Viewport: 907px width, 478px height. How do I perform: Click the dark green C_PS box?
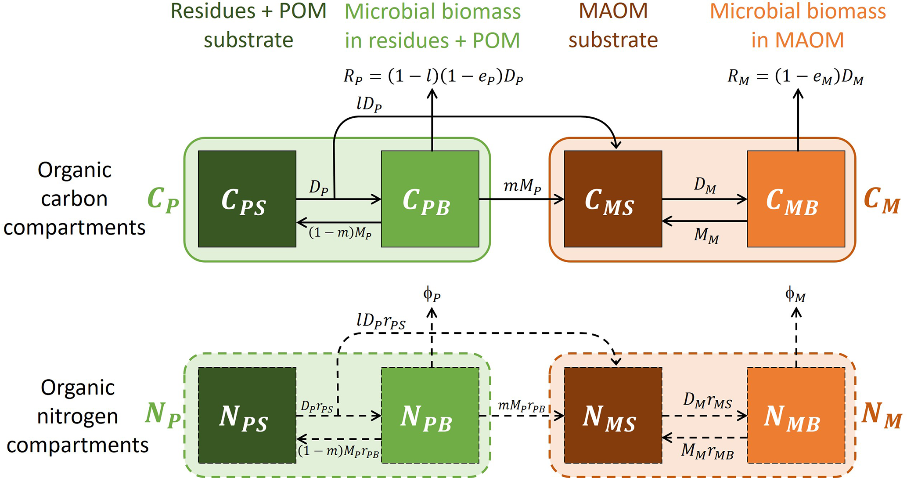(x=247, y=199)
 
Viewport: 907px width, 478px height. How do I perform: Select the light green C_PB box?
(x=430, y=199)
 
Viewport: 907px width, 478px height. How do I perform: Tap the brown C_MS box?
(x=613, y=199)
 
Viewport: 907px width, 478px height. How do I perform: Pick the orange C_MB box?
(x=796, y=199)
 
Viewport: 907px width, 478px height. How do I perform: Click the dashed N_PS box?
(x=247, y=415)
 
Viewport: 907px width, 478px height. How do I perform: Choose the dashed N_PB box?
(x=430, y=415)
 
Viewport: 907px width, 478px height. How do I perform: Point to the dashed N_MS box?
(x=613, y=415)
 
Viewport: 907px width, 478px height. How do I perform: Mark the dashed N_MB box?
(x=796, y=415)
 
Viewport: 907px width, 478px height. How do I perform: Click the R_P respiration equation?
(x=433, y=77)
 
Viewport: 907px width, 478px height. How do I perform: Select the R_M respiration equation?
(x=795, y=77)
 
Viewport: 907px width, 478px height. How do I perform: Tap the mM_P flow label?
(x=522, y=187)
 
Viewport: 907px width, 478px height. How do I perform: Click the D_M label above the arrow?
(x=705, y=186)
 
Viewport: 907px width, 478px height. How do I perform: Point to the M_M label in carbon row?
(x=706, y=236)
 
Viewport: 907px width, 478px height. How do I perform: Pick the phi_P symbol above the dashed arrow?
(x=432, y=294)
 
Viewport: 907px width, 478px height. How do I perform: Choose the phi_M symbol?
(x=795, y=294)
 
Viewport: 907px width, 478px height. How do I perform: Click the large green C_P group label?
(x=163, y=199)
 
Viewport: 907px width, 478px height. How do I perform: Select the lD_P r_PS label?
(x=381, y=322)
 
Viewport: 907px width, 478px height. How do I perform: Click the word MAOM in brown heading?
(x=613, y=11)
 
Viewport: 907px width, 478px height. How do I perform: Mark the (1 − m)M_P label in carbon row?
(x=340, y=233)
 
